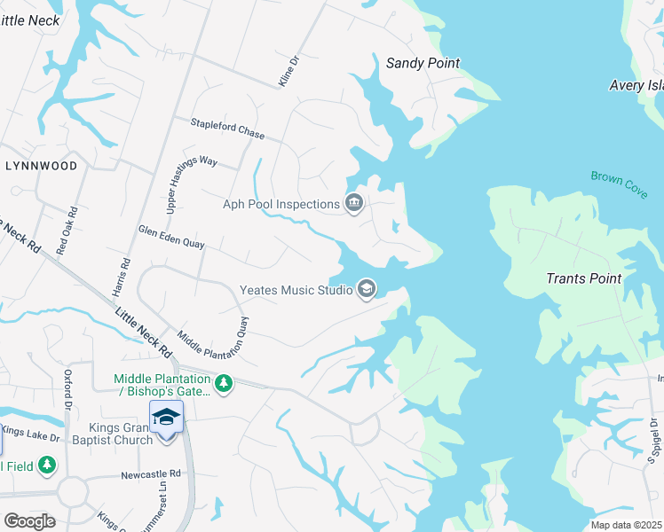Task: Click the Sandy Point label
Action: pos(423,63)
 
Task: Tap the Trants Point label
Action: pos(582,278)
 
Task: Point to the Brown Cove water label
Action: pos(619,184)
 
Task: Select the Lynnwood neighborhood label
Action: pos(41,166)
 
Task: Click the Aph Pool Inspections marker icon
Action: pos(354,204)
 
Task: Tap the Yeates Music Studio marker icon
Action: pos(366,289)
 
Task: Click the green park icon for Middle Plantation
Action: pos(225,383)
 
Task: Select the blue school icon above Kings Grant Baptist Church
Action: pos(167,416)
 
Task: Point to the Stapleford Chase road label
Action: pos(227,129)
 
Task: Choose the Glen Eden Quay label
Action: pos(171,237)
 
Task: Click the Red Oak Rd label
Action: pos(67,231)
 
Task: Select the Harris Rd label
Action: pos(124,278)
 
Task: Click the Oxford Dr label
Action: pos(67,390)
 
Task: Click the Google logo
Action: pos(29,521)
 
